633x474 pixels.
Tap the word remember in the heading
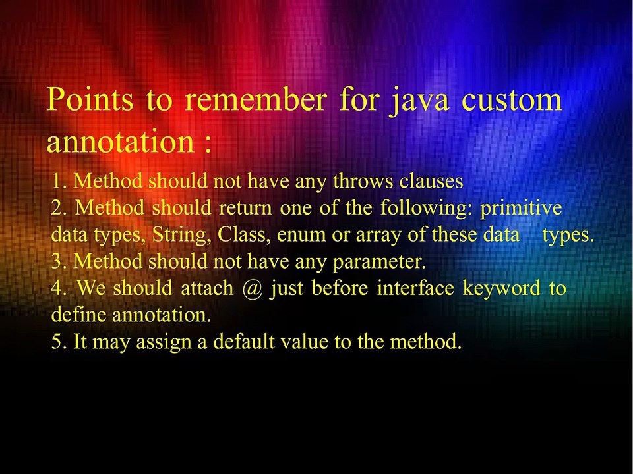click(x=255, y=100)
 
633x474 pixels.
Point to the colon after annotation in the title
click(x=208, y=144)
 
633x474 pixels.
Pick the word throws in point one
click(x=356, y=180)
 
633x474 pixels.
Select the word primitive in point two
click(x=521, y=207)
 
